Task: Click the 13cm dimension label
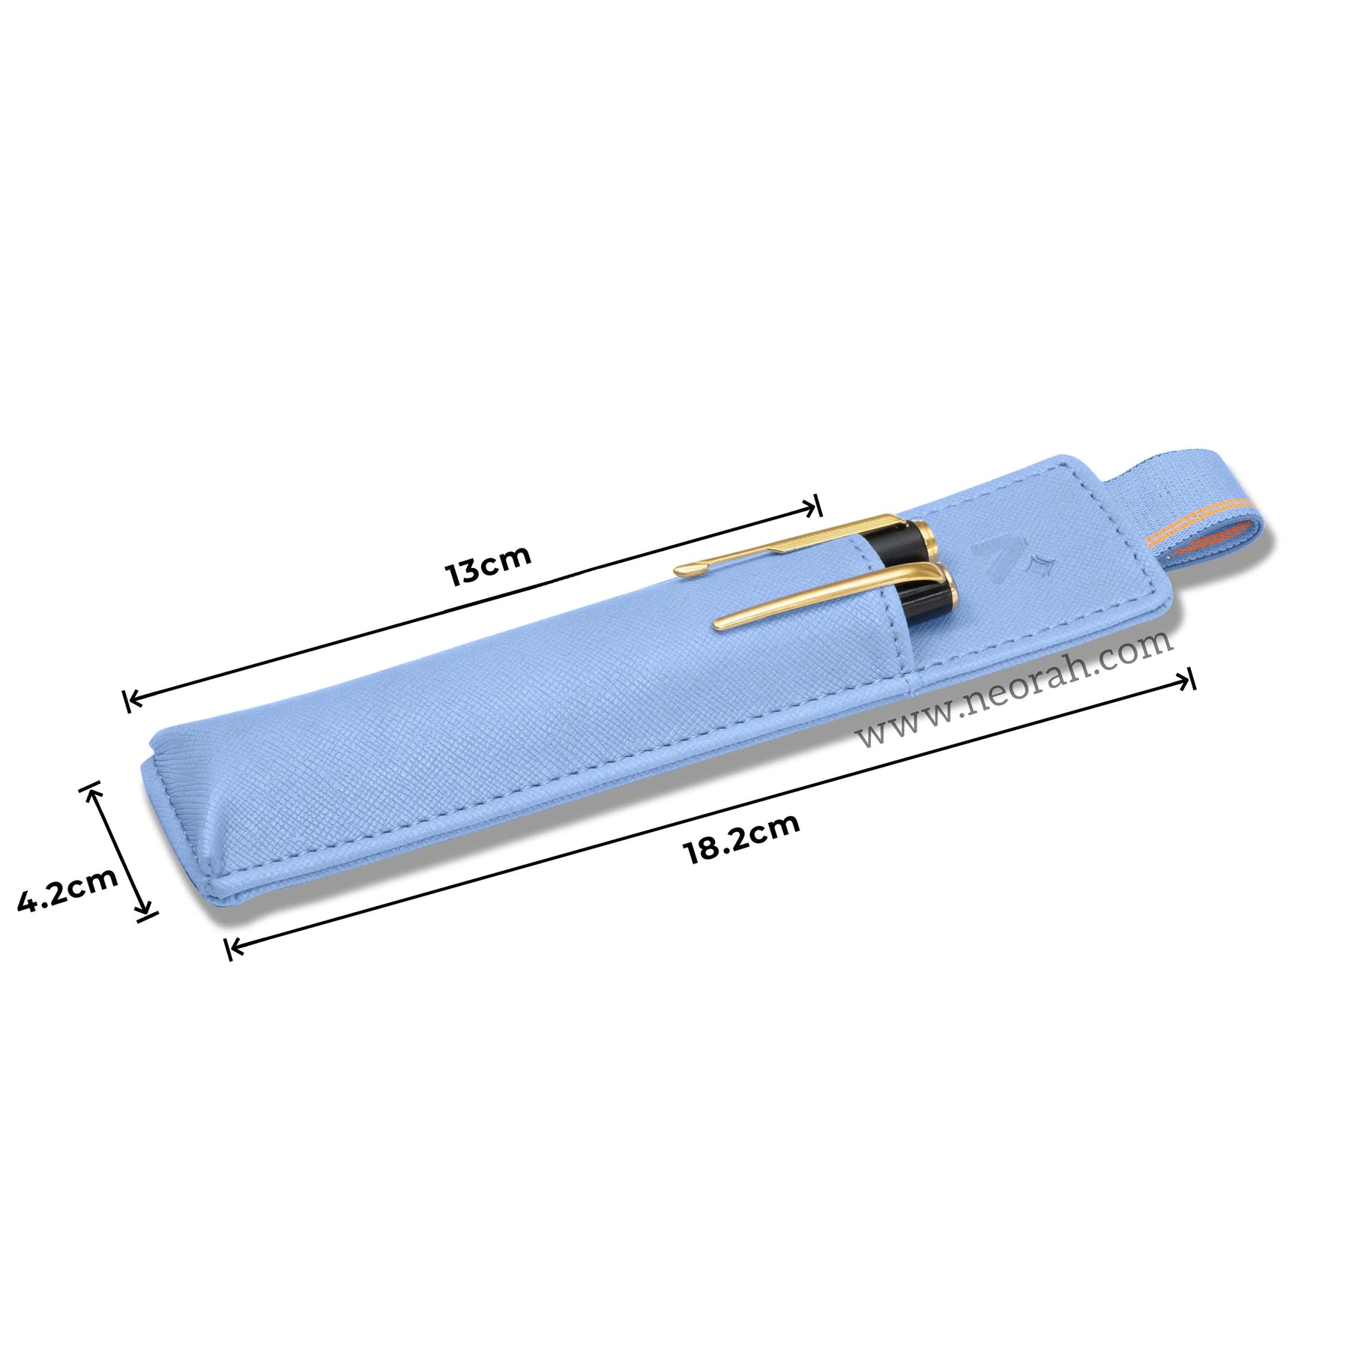[x=488, y=564]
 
